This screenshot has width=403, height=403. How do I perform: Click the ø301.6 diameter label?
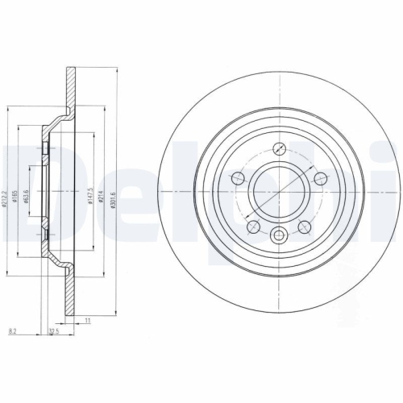click(x=114, y=194)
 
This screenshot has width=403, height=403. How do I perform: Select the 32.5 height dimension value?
click(x=54, y=330)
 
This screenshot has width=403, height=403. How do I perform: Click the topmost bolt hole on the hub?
click(x=279, y=148)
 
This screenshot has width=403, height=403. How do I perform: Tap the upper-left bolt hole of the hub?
click(x=239, y=178)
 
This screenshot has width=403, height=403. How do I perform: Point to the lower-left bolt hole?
click(x=252, y=226)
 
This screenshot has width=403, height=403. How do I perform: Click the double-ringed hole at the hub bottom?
click(x=279, y=235)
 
